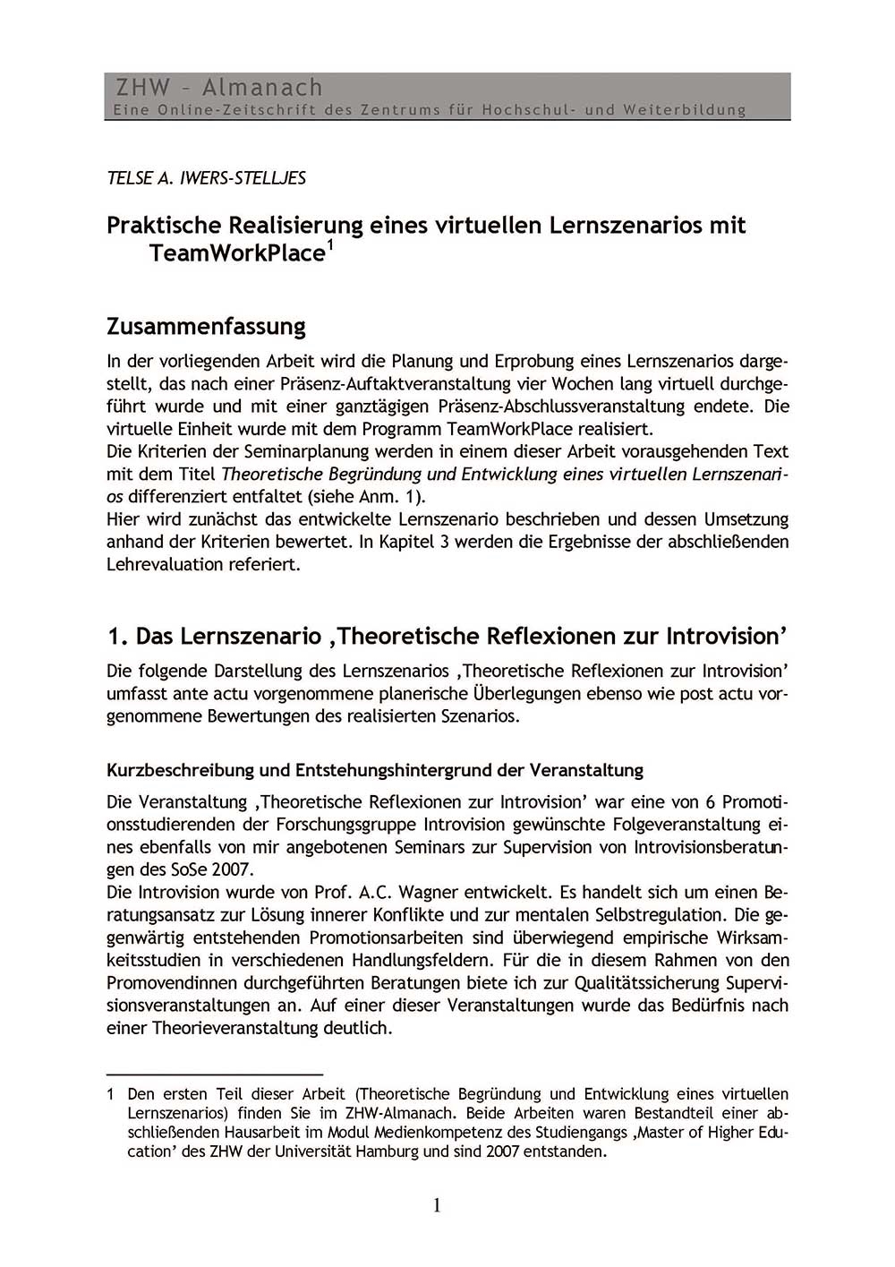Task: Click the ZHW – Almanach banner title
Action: coord(218,88)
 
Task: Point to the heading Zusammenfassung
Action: coord(206,326)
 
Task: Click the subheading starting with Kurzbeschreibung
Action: coord(374,770)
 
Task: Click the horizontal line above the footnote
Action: coord(214,1073)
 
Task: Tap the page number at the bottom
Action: coord(437,1205)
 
